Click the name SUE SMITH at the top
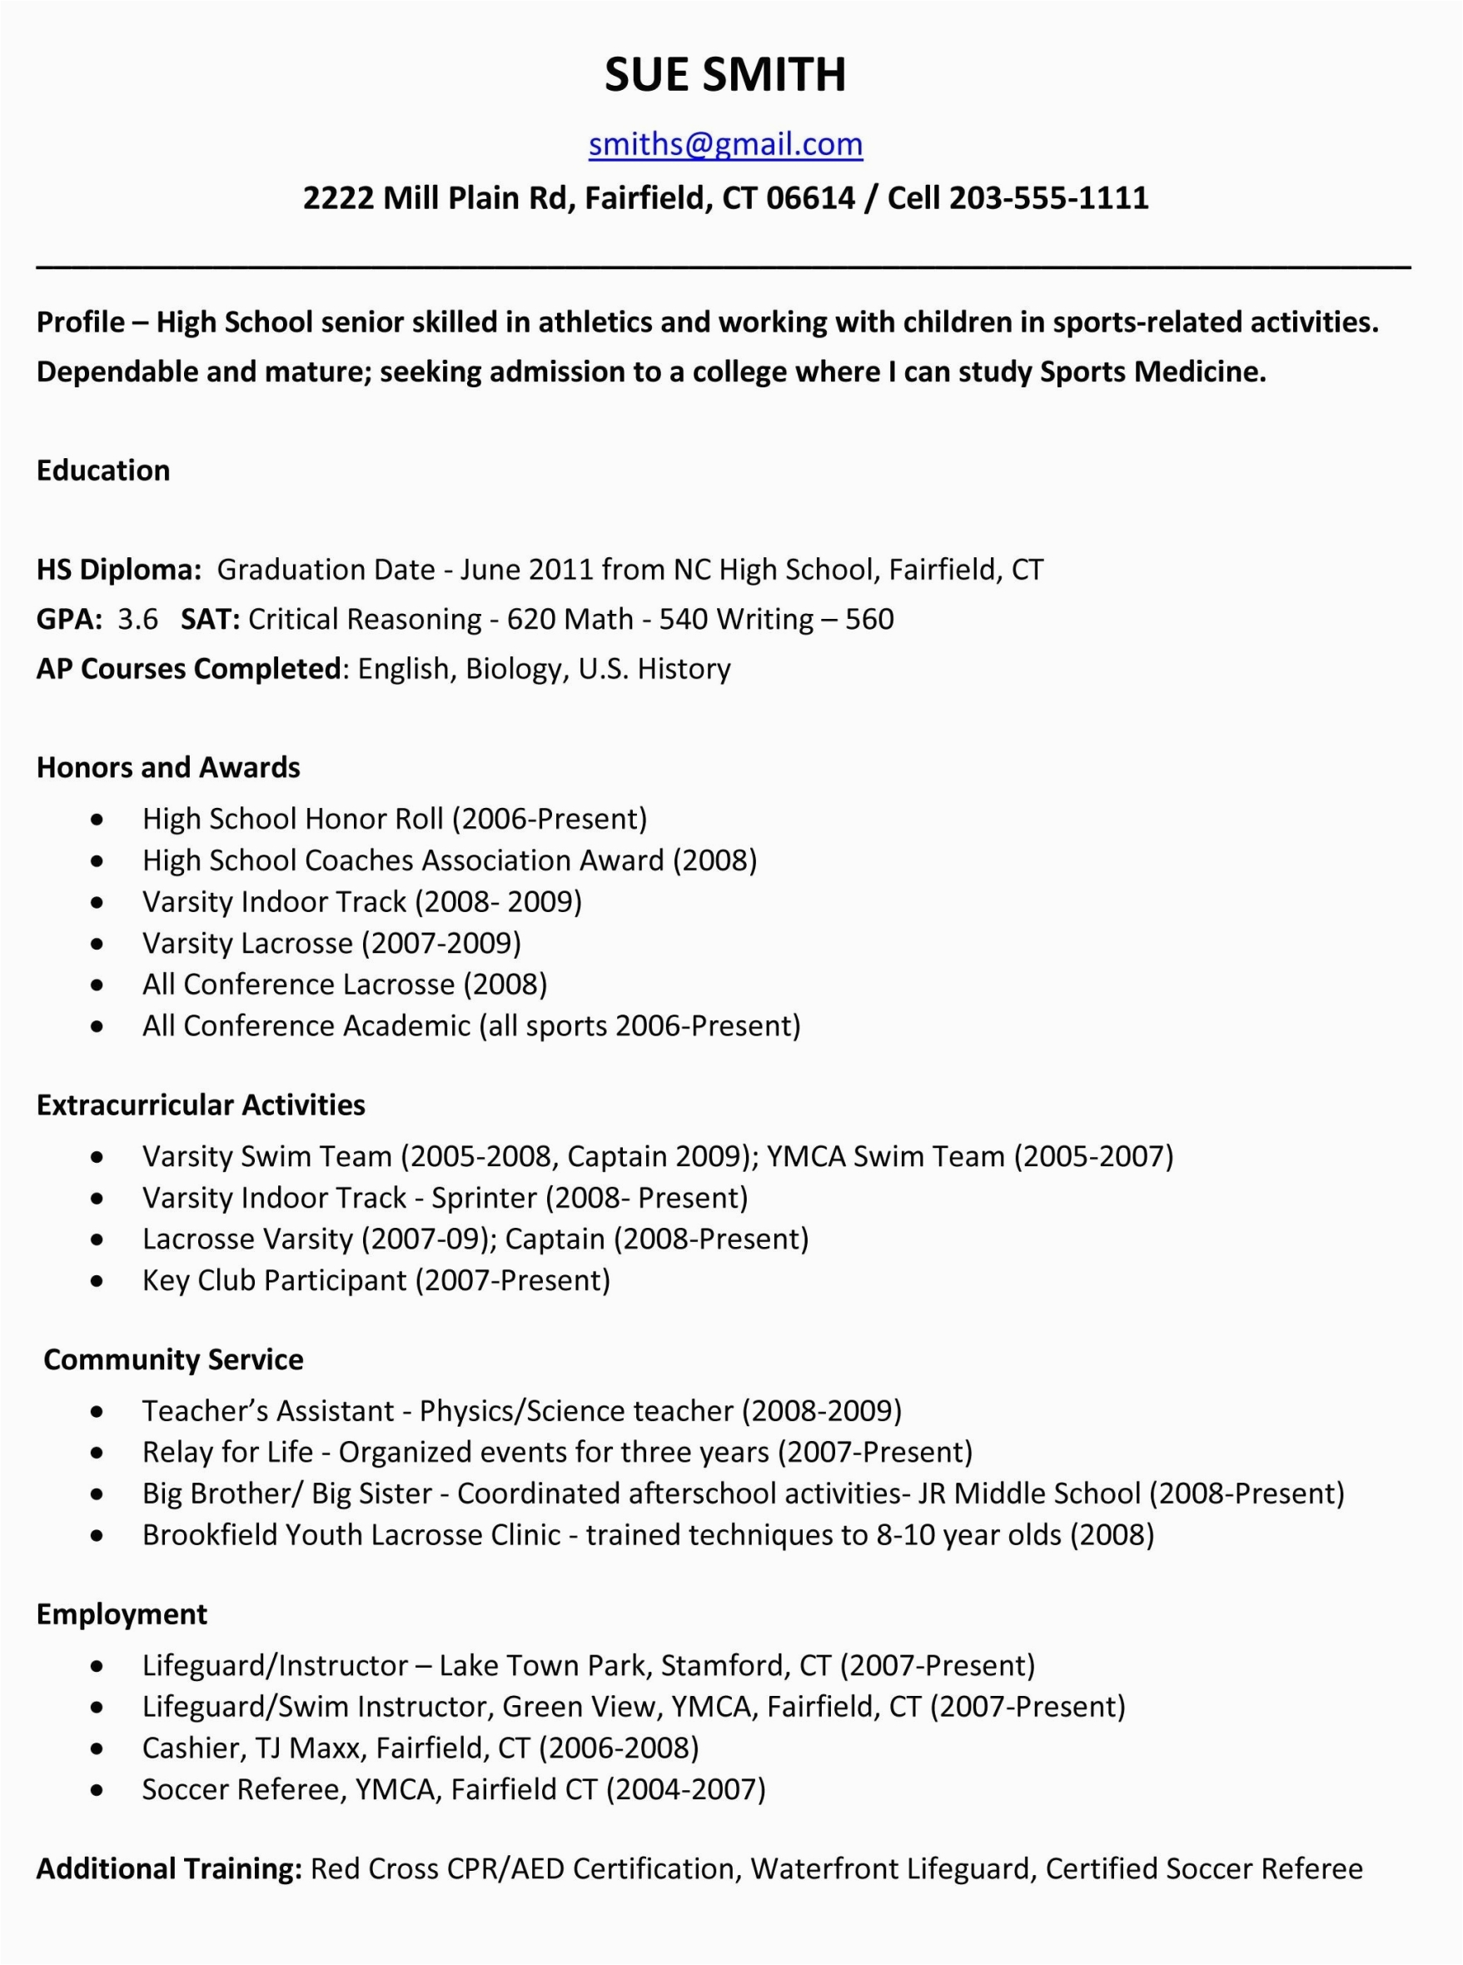tap(725, 74)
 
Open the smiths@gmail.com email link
tap(725, 143)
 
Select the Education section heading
tap(102, 471)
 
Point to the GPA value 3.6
tap(137, 618)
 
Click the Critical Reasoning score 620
tap(529, 618)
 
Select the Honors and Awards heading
tap(168, 767)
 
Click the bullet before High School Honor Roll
tap(97, 820)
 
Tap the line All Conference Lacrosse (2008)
tap(345, 985)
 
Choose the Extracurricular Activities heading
tap(200, 1105)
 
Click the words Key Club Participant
tap(275, 1280)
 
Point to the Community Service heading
tap(172, 1360)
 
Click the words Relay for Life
tap(227, 1452)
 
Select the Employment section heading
tap(122, 1614)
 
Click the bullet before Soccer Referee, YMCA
tap(97, 1790)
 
